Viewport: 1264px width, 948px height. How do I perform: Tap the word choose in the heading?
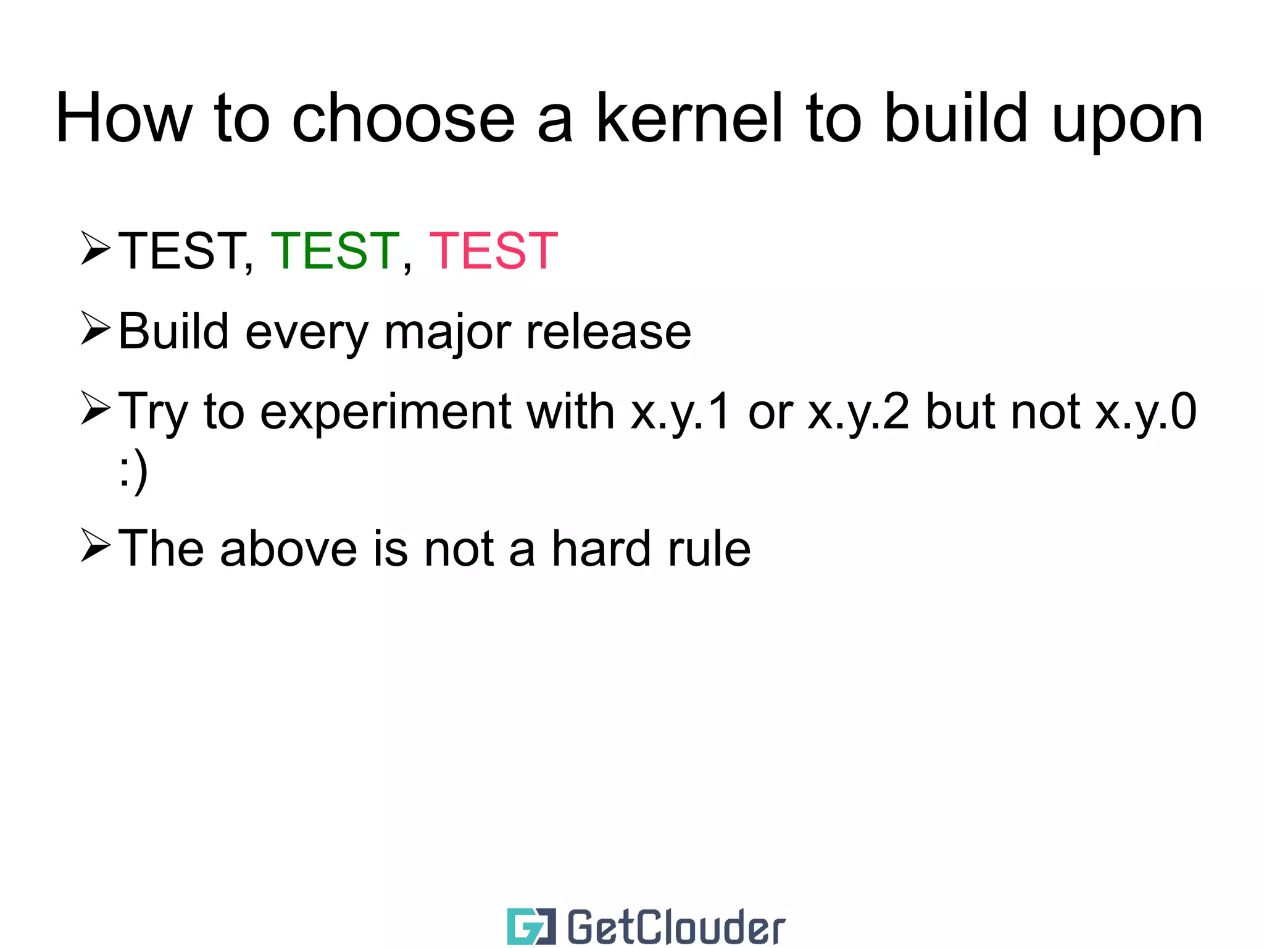point(402,119)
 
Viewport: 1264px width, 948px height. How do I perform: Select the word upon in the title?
point(1127,124)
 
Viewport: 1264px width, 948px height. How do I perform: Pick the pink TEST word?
point(493,251)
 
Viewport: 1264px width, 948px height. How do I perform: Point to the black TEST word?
point(181,251)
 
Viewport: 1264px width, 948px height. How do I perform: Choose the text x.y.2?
point(859,412)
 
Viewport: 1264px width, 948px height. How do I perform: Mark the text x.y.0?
point(1145,412)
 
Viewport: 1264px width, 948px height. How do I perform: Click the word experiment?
point(386,413)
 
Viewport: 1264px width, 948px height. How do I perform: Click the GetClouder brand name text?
point(676,927)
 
